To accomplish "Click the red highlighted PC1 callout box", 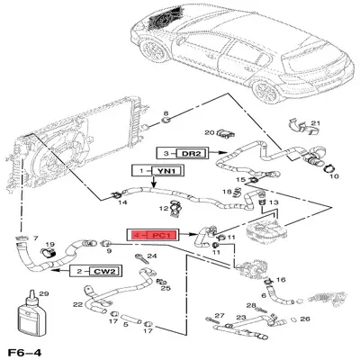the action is pyautogui.click(x=153, y=236).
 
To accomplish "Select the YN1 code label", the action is pyautogui.click(x=167, y=171).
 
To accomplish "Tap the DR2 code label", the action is pyautogui.click(x=192, y=154).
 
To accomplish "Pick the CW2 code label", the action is pyautogui.click(x=104, y=272).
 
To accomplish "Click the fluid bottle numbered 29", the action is pyautogui.click(x=31, y=314).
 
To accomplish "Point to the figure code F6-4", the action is pyautogui.click(x=24, y=353).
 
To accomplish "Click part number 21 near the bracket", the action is pyautogui.click(x=316, y=123).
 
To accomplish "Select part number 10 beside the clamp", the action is pyautogui.click(x=334, y=176).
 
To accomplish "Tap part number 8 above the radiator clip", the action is pyautogui.click(x=166, y=113).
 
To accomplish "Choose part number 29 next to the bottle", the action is pyautogui.click(x=44, y=293).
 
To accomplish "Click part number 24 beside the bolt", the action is pyautogui.click(x=152, y=256).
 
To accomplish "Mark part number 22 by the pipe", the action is pyautogui.click(x=77, y=304).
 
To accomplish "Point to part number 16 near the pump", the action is pyautogui.click(x=281, y=280).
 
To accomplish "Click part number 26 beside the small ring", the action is pyautogui.click(x=305, y=319).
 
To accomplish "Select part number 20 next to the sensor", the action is pyautogui.click(x=210, y=132).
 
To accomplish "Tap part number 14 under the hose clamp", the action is pyautogui.click(x=122, y=202).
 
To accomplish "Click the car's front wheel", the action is pyautogui.click(x=153, y=49).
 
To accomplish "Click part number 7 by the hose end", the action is pyautogui.click(x=36, y=238).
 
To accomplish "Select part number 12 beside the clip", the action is pyautogui.click(x=164, y=208).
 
